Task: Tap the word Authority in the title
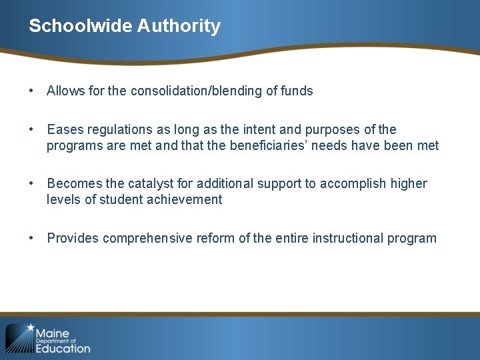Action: [179, 26]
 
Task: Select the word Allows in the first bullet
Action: [65, 91]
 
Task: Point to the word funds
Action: [297, 91]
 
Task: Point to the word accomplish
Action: [353, 183]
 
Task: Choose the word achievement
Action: [180, 199]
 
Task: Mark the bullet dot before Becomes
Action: [31, 183]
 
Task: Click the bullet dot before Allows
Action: [31, 91]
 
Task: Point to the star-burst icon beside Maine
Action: [19, 338]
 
